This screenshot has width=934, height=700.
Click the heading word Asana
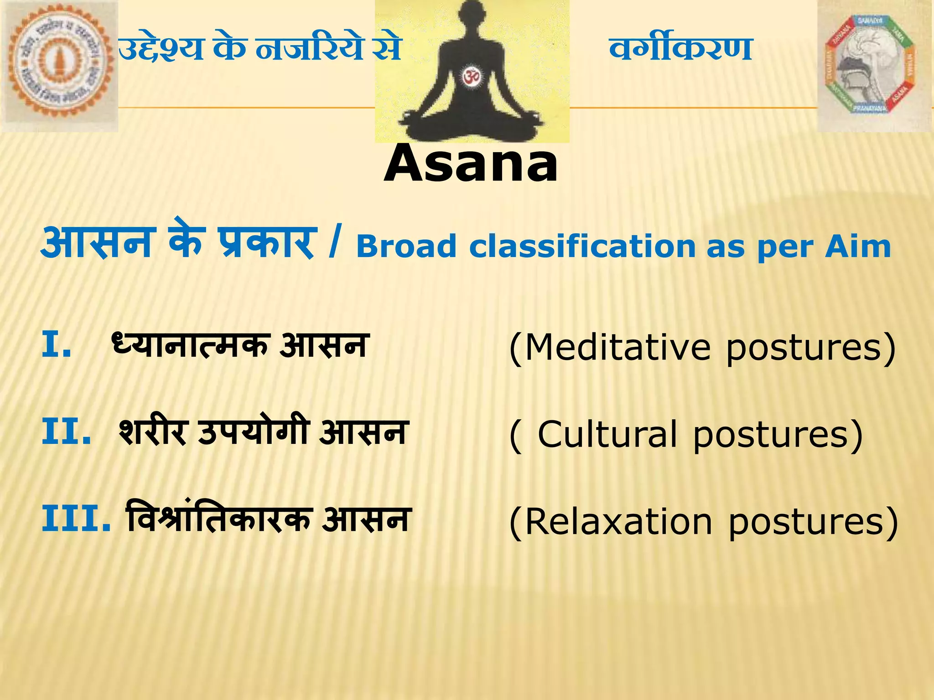click(471, 163)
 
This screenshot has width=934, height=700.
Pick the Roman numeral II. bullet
click(67, 432)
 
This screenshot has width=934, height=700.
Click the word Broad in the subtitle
click(406, 247)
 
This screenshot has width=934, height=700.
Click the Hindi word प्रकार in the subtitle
click(266, 244)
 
